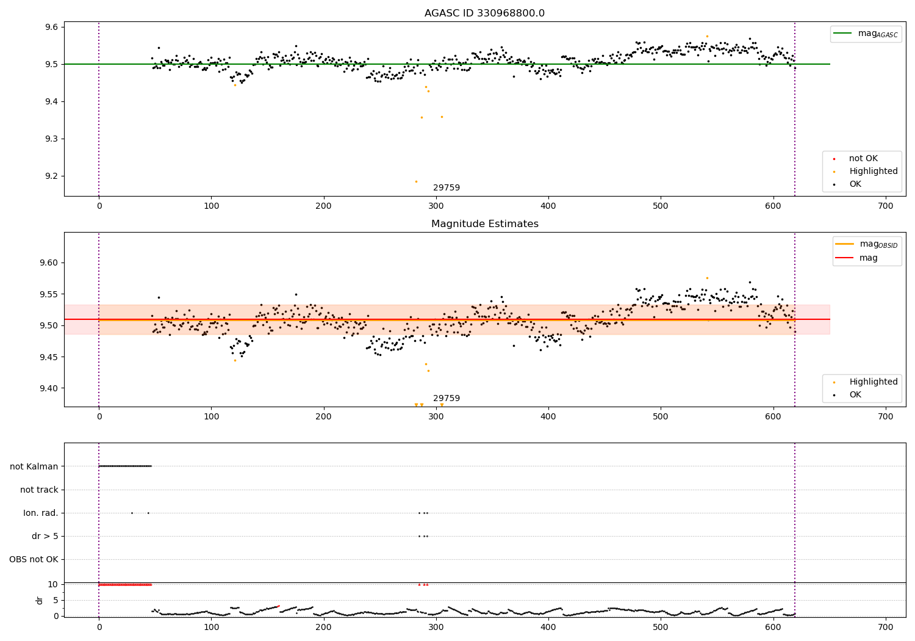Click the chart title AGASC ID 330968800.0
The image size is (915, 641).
(484, 13)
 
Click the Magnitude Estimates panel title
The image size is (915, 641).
(485, 223)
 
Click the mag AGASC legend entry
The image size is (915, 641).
(866, 34)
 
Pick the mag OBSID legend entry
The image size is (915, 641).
(867, 244)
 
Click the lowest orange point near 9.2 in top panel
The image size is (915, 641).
(416, 181)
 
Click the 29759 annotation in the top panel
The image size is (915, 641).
(447, 187)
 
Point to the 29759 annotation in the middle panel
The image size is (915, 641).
(447, 398)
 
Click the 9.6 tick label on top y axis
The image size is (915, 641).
(52, 27)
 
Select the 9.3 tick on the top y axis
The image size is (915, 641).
(52, 139)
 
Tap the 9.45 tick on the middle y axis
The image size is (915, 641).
(49, 357)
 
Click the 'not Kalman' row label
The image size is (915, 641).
(34, 466)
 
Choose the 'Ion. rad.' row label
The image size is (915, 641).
(40, 513)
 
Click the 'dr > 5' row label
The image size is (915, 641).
(45, 536)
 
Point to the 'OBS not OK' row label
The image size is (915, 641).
(34, 559)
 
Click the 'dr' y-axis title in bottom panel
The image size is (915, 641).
(39, 600)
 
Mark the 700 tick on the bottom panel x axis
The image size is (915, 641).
(886, 627)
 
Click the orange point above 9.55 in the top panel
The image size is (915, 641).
(707, 37)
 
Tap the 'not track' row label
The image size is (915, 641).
(39, 490)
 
